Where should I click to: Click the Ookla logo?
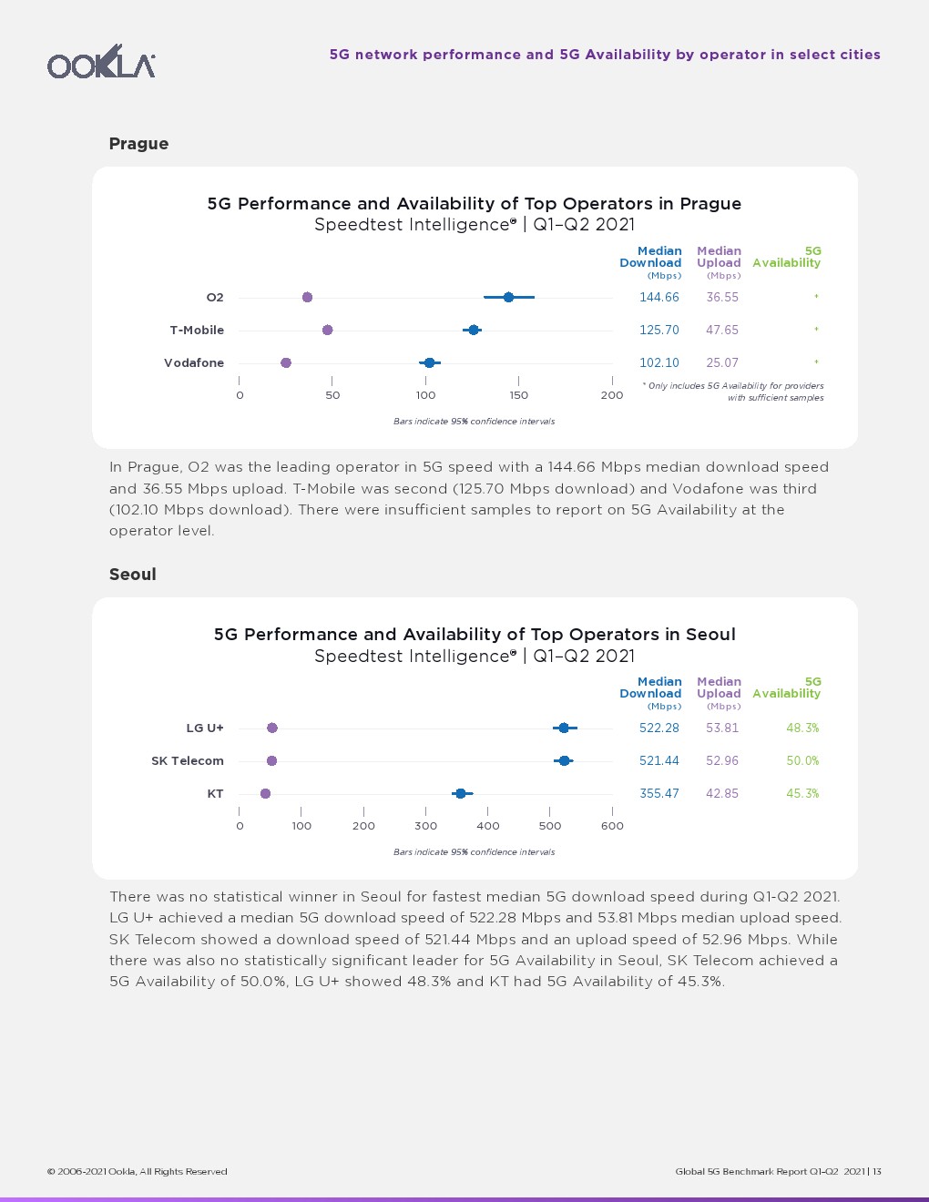click(x=101, y=62)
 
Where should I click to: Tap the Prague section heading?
click(x=138, y=144)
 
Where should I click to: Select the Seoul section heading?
click(x=133, y=575)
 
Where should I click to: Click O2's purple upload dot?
click(x=307, y=298)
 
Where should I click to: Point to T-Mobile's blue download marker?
click(x=474, y=330)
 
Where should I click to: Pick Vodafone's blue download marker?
click(x=429, y=362)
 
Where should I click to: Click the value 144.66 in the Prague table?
click(x=659, y=298)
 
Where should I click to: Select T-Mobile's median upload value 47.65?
click(x=722, y=331)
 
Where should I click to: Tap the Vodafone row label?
click(x=194, y=363)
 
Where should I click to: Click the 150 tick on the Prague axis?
click(x=518, y=395)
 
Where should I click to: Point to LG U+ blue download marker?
click(x=564, y=728)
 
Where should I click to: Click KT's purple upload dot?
click(x=265, y=793)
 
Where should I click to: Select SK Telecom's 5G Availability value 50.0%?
click(x=802, y=761)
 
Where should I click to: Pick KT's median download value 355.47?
click(x=659, y=794)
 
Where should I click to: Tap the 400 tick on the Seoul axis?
click(x=488, y=826)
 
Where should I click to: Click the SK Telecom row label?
click(x=188, y=761)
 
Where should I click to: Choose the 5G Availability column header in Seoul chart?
click(x=787, y=688)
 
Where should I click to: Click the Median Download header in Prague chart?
click(x=651, y=258)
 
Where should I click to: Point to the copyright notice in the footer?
click(x=138, y=1172)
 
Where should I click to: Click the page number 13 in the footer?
click(x=877, y=1172)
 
